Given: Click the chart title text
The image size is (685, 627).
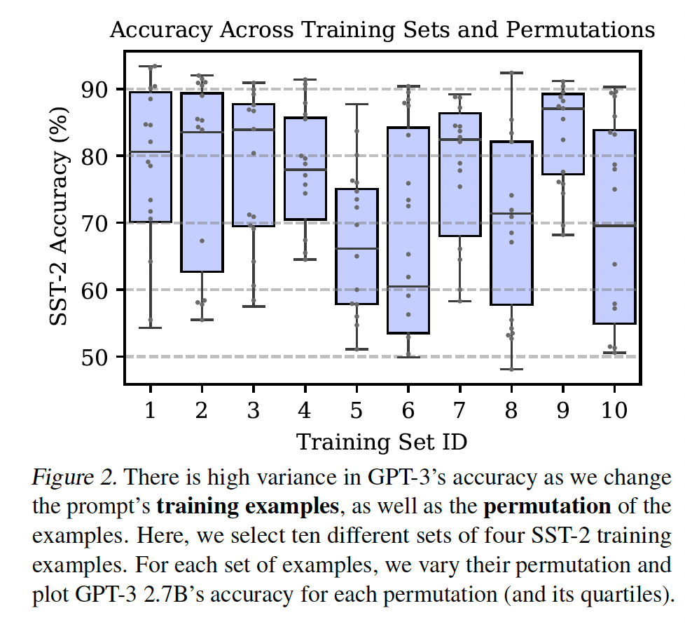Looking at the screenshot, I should coord(382,31).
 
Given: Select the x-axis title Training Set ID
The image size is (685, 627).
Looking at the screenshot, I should coord(382,442).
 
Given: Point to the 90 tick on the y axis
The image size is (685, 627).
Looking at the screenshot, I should coord(97,90).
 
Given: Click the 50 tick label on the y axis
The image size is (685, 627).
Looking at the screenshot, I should coord(97,357).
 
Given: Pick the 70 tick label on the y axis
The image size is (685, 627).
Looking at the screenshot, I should coord(97,223).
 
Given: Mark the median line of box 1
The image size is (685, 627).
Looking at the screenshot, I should coord(150,151).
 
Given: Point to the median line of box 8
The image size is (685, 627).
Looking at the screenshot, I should coord(511,213).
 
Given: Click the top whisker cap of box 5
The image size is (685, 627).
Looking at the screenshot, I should coord(357,104).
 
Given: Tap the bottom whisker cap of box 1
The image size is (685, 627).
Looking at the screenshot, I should coord(150,328).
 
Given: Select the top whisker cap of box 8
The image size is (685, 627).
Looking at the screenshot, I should coord(511,72).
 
